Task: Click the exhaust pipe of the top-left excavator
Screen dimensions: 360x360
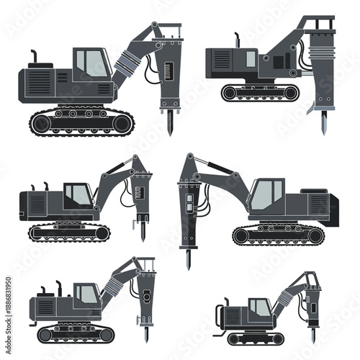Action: click(x=33, y=57)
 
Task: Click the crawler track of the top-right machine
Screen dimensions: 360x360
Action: click(x=259, y=92)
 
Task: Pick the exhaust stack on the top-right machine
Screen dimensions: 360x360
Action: click(x=238, y=38)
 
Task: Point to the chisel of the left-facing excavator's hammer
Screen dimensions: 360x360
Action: click(x=189, y=258)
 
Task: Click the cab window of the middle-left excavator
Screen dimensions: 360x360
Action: click(x=77, y=194)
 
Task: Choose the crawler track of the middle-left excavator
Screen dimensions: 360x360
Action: click(x=70, y=232)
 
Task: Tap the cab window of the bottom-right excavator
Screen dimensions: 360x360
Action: click(x=260, y=307)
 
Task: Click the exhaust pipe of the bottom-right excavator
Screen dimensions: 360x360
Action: click(x=226, y=300)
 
